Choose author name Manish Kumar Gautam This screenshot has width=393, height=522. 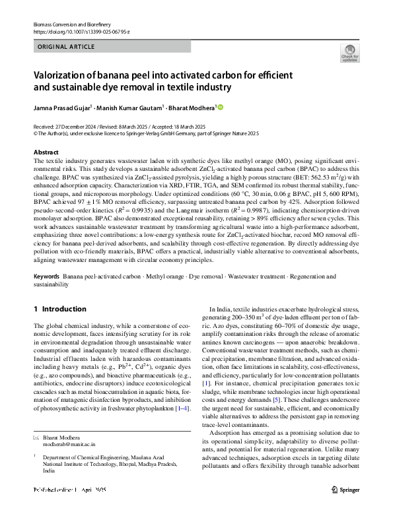(125, 108)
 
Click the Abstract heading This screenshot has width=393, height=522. (45, 152)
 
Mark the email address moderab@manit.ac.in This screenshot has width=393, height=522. (69, 445)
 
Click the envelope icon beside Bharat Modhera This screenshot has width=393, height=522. (36, 438)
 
